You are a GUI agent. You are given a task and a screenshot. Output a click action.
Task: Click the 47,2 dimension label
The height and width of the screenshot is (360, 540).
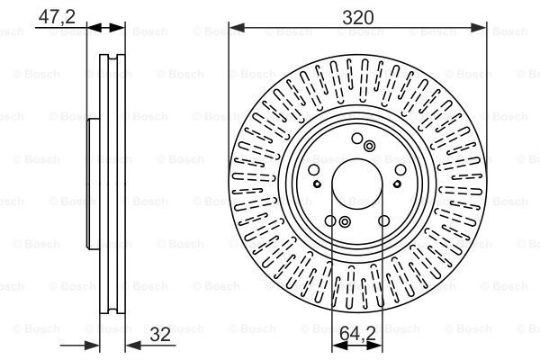pyautogui.click(x=57, y=16)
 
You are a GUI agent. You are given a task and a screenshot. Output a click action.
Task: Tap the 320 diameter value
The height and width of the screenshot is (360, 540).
pyautogui.click(x=358, y=17)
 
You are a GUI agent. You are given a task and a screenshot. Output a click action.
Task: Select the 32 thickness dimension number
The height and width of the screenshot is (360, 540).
pyautogui.click(x=160, y=334)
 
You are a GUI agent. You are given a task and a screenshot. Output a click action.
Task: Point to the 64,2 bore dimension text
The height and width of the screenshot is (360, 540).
pyautogui.click(x=357, y=334)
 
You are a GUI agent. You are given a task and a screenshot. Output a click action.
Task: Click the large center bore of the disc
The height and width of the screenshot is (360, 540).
pyautogui.click(x=357, y=184)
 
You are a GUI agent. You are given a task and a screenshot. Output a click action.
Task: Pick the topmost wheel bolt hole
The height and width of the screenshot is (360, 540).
pyautogui.click(x=357, y=139)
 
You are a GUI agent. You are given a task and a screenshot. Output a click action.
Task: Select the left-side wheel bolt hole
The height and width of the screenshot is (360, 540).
pyautogui.click(x=314, y=170)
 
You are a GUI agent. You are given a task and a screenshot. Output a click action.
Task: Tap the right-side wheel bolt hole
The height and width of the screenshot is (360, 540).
pyautogui.click(x=400, y=170)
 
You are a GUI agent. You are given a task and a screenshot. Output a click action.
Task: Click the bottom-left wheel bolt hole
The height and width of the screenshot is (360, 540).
pyautogui.click(x=330, y=220)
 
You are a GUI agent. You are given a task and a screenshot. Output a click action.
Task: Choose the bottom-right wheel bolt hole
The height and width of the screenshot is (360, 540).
pyautogui.click(x=384, y=220)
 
